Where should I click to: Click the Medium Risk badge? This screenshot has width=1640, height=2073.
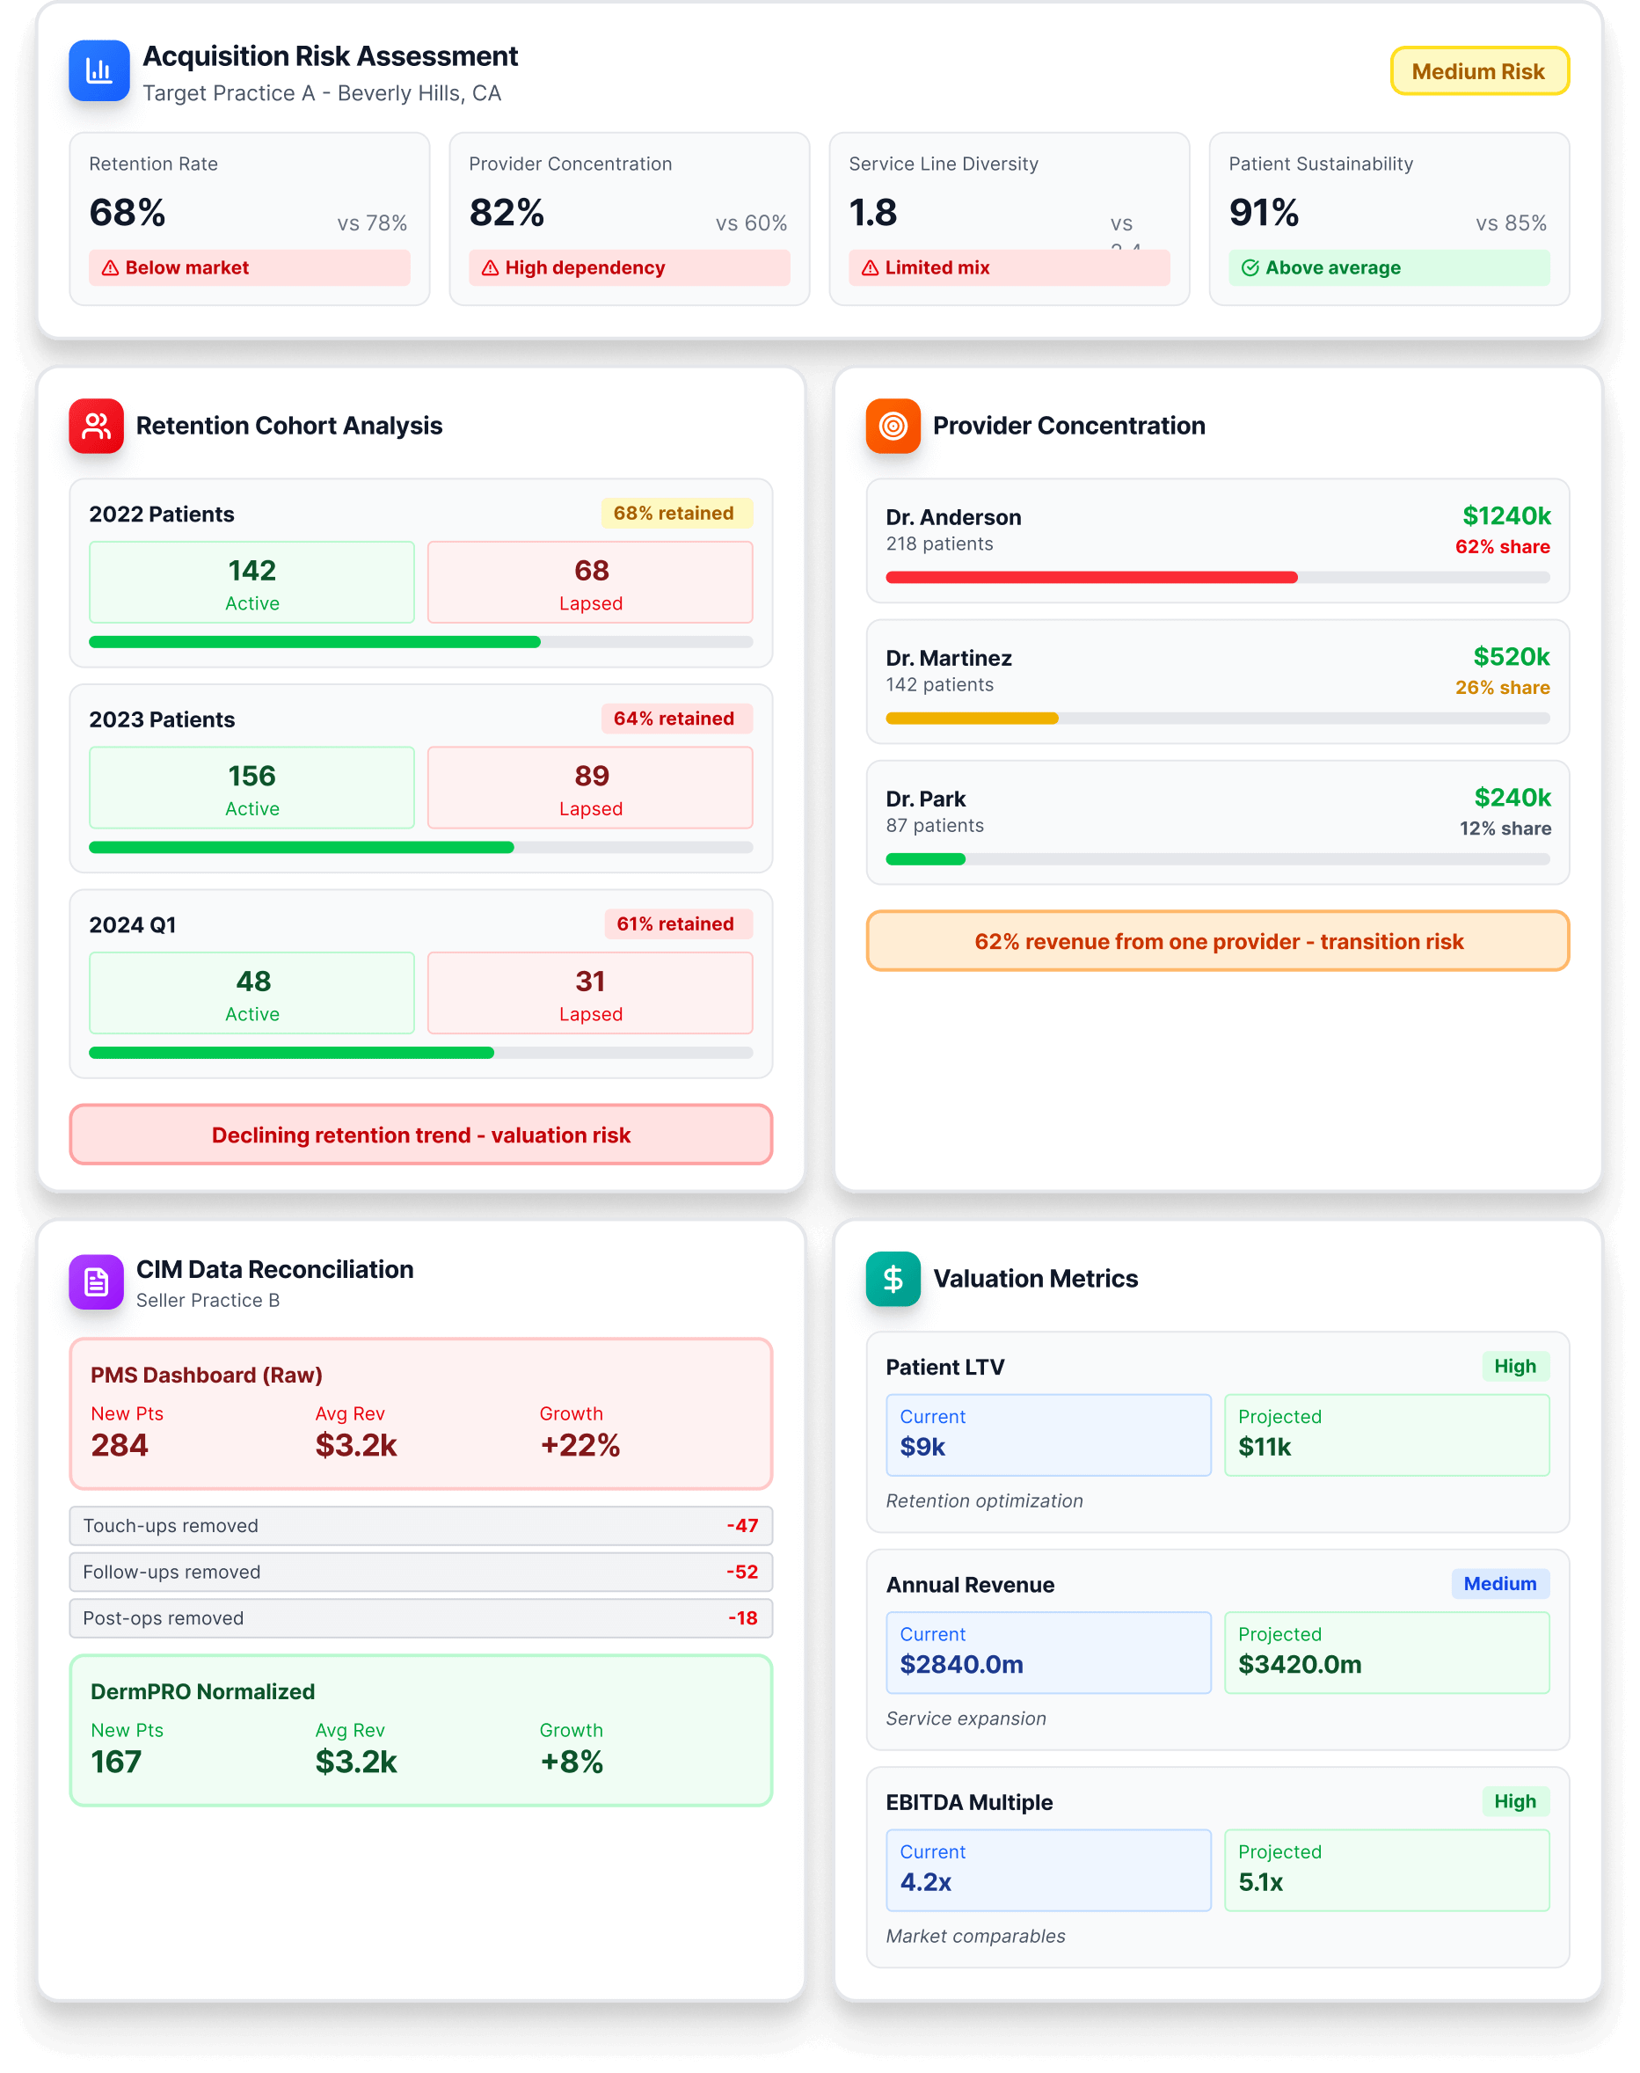(x=1479, y=72)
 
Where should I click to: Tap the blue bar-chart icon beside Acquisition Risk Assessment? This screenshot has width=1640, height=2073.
(x=98, y=71)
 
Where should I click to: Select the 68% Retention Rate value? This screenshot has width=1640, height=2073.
(x=128, y=212)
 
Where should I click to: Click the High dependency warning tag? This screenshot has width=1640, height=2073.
(x=629, y=268)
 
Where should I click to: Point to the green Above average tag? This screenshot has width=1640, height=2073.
(x=1388, y=268)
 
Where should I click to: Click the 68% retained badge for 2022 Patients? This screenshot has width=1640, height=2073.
(x=675, y=514)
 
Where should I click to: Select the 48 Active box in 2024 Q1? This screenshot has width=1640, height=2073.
(x=251, y=993)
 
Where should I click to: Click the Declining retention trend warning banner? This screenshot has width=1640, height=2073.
(x=420, y=1135)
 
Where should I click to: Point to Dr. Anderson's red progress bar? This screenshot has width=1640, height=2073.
(x=1090, y=577)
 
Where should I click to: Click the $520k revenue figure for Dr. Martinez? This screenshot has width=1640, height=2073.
(x=1511, y=657)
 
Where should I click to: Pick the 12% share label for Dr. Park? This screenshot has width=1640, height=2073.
(x=1505, y=828)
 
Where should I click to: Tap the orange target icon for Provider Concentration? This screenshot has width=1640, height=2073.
(x=893, y=426)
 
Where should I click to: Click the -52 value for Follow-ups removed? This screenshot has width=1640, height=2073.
(x=742, y=1572)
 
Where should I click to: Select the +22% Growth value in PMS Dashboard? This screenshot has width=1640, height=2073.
(x=580, y=1445)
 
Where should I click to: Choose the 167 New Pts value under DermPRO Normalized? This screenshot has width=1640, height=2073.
(x=116, y=1762)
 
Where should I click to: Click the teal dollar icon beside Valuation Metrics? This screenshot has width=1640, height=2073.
(x=893, y=1279)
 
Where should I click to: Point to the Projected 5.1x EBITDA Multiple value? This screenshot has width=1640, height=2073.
(x=1260, y=1882)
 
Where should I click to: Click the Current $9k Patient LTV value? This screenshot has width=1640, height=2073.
(x=922, y=1447)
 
